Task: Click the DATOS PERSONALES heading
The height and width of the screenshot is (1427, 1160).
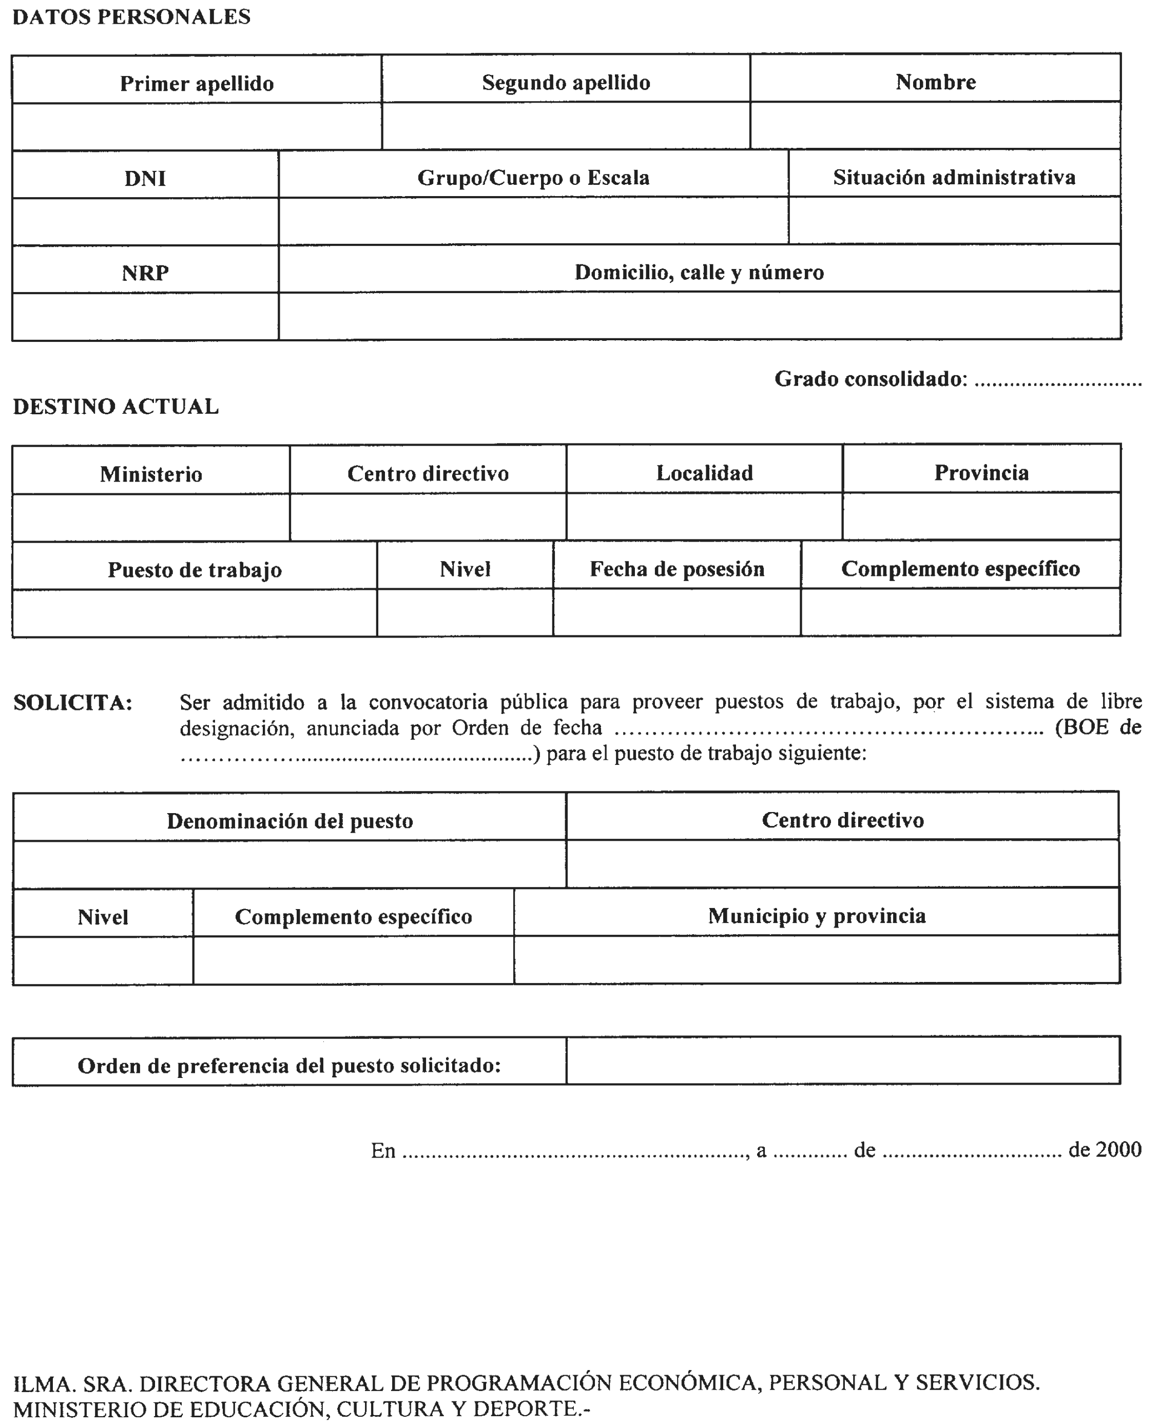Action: coord(131,17)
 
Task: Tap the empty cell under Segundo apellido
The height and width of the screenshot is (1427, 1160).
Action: coord(566,126)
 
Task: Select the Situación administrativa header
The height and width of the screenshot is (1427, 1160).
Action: coord(954,177)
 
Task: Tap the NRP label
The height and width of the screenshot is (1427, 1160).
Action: coord(145,273)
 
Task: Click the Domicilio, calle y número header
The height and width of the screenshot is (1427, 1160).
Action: coord(699,273)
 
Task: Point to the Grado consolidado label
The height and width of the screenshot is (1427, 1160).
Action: coord(870,379)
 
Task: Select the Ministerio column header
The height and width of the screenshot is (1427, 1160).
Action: coord(151,474)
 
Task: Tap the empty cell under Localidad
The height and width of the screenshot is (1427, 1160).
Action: coord(704,516)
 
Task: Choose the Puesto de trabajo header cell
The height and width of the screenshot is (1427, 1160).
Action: coord(195,570)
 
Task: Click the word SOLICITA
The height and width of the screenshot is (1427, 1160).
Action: coord(73,703)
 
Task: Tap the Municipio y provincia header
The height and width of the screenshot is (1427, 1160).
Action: coord(817,916)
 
